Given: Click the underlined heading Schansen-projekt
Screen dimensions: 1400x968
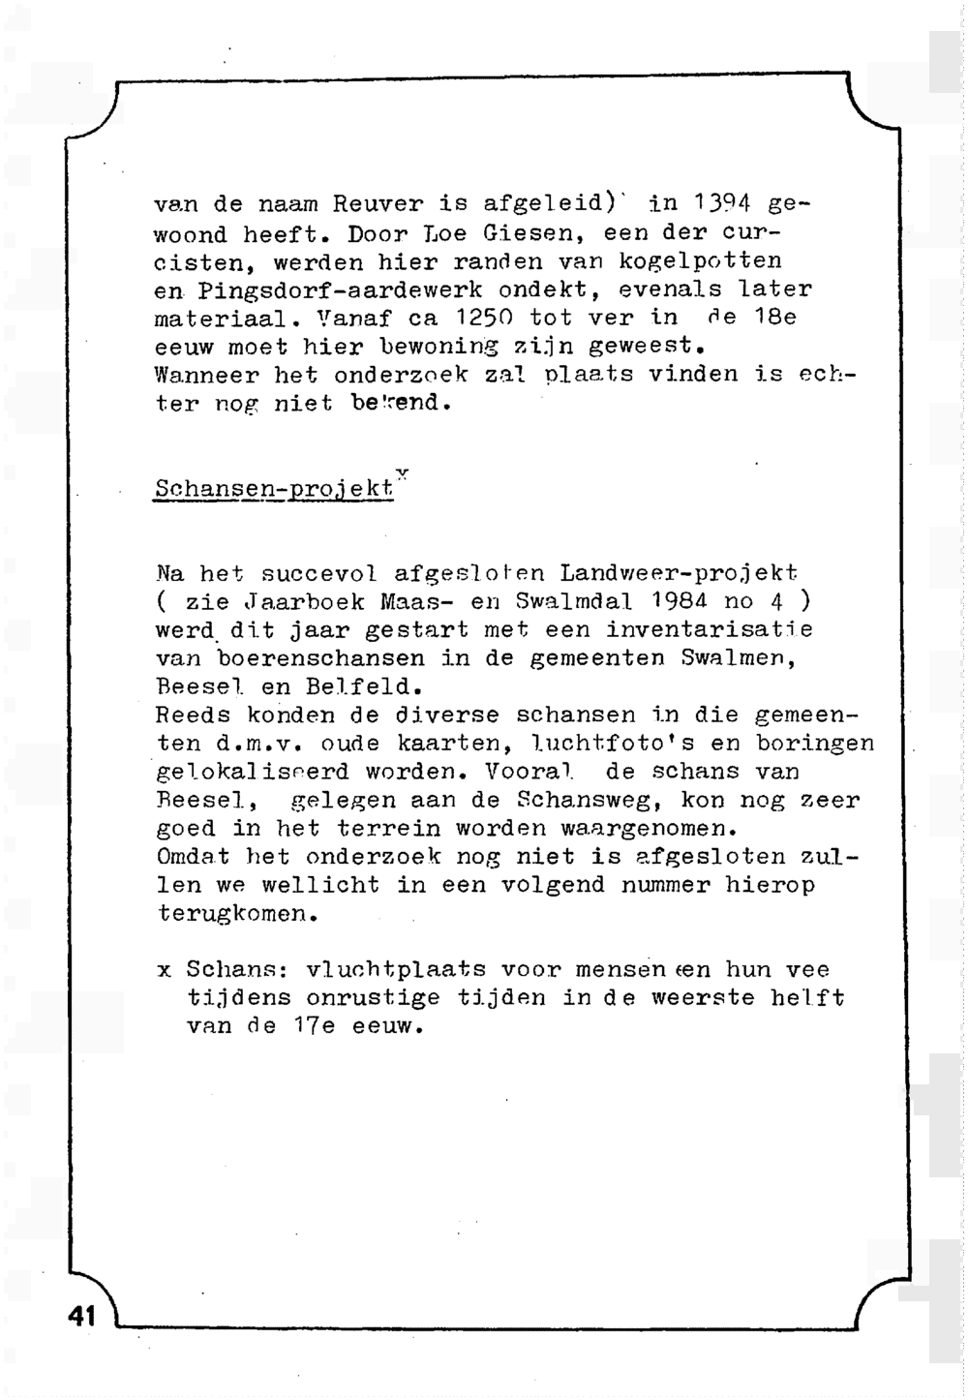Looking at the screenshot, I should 274,490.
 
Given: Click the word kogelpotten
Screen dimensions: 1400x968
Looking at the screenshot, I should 700,261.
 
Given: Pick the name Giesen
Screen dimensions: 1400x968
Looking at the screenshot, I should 529,233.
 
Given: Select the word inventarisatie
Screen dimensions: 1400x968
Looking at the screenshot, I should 710,630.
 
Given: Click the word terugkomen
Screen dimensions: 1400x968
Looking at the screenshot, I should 237,914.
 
